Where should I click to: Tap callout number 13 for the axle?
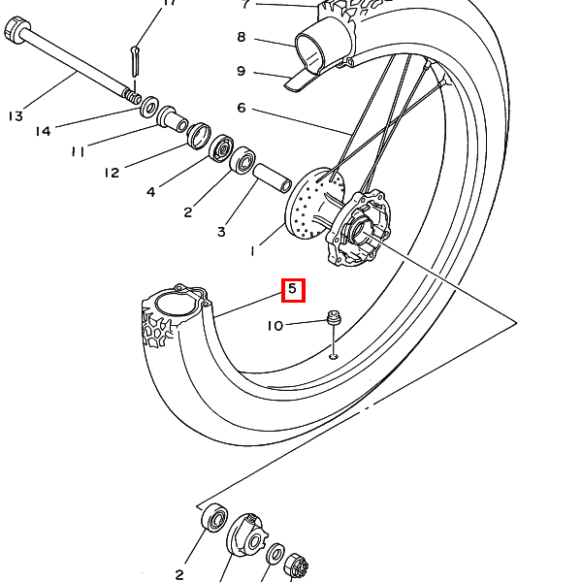16,116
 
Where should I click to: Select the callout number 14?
43,131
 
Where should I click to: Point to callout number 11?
78,151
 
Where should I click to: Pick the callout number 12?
112,173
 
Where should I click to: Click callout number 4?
150,192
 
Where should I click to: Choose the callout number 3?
221,232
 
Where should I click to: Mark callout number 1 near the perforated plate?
253,251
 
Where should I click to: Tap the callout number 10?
275,326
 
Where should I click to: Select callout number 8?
242,38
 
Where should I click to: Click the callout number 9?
242,71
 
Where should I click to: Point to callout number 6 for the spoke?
242,108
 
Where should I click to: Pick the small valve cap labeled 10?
333,316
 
